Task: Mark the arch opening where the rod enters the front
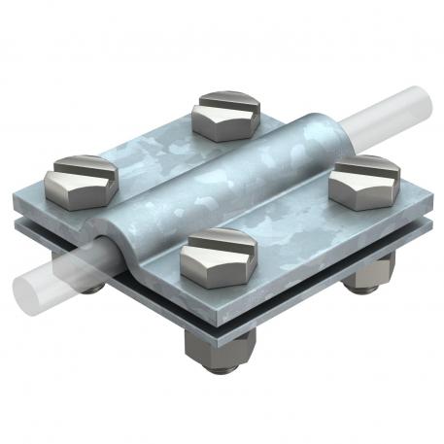tap(109, 251)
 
